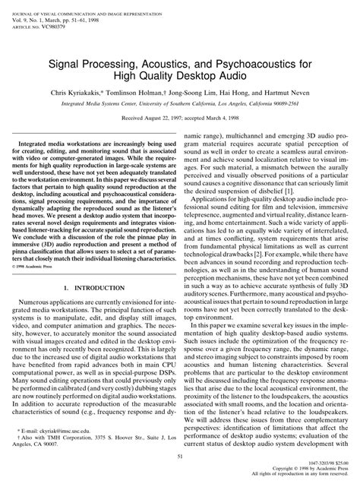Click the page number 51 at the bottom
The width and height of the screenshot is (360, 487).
point(179,456)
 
